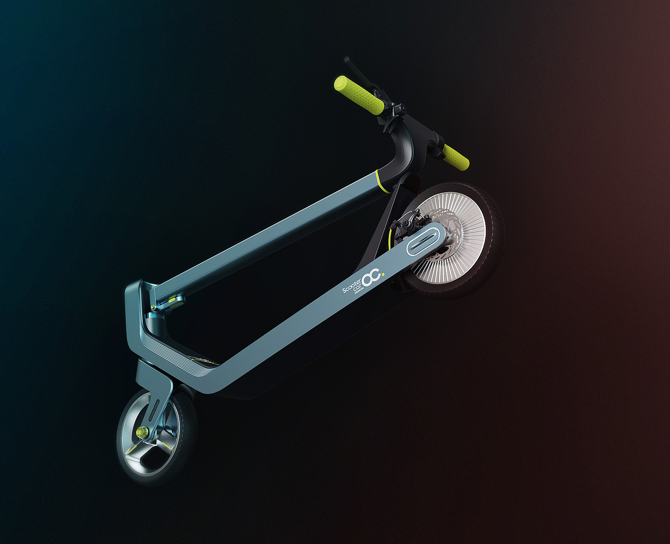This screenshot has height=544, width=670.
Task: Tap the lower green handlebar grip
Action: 455,156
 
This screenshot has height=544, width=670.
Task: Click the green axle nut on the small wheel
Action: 140,432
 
